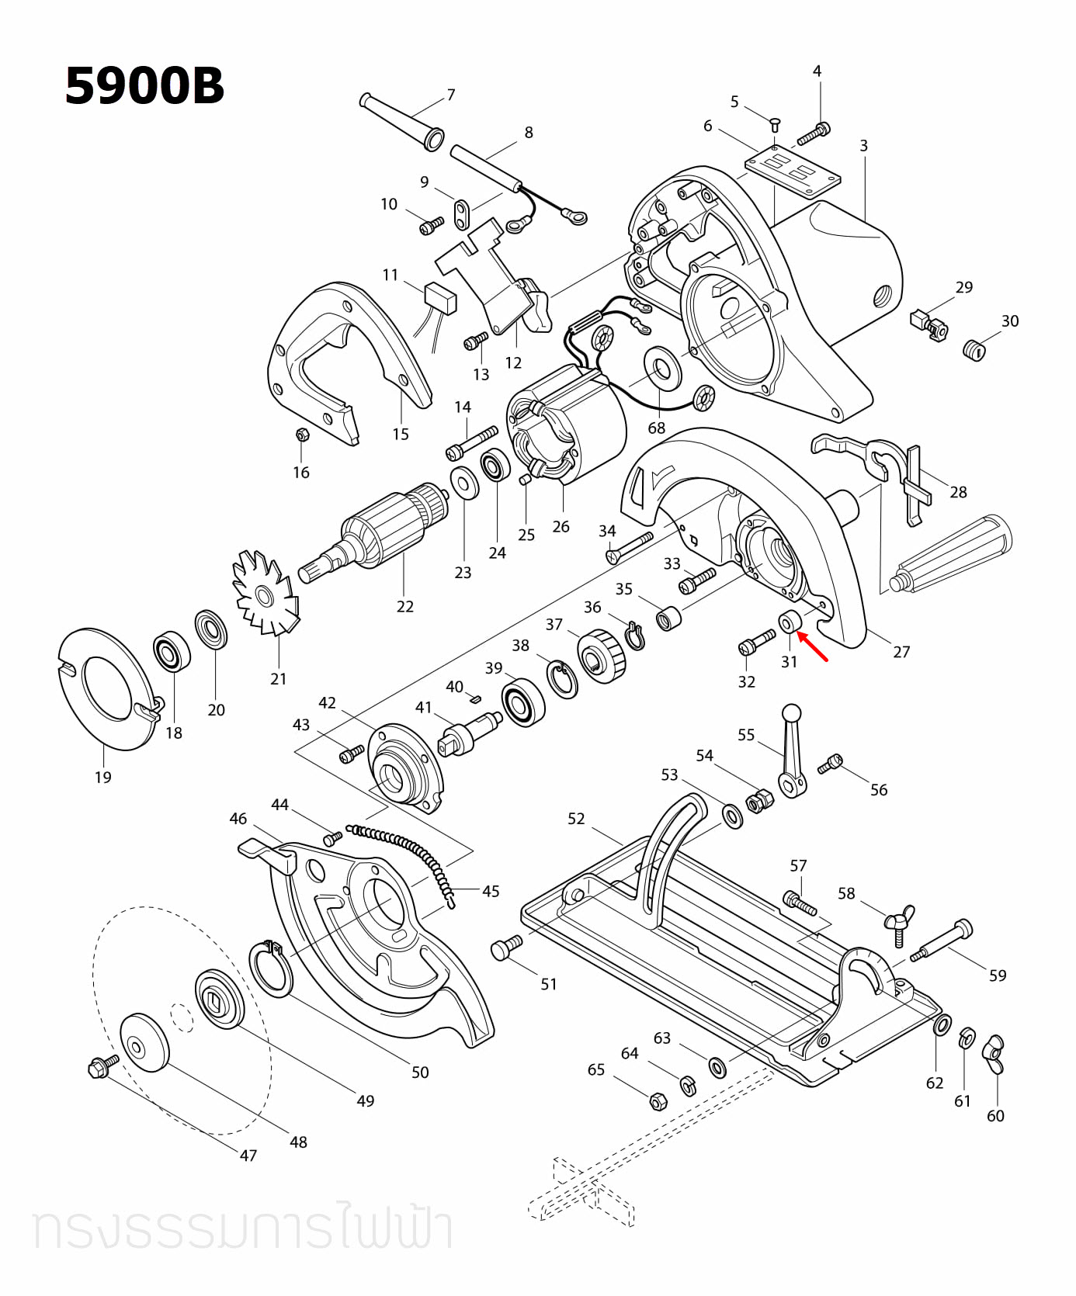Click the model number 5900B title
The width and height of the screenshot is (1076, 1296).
tap(144, 85)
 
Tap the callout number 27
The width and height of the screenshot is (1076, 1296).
tap(901, 652)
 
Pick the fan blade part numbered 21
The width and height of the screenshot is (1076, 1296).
tap(264, 594)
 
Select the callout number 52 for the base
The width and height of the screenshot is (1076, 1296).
tap(575, 819)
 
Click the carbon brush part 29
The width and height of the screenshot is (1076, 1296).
tap(928, 324)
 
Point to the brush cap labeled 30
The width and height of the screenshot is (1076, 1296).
tap(974, 349)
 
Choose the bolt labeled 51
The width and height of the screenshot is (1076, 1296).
tap(506, 948)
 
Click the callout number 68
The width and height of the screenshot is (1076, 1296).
tap(657, 428)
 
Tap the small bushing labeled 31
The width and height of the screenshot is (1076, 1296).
tap(790, 622)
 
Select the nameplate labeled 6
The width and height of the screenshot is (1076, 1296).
tap(792, 172)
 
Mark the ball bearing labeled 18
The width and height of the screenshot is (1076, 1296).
tap(172, 653)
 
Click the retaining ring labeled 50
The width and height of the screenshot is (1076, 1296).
tap(271, 968)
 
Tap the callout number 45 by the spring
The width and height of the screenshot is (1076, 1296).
tap(491, 891)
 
